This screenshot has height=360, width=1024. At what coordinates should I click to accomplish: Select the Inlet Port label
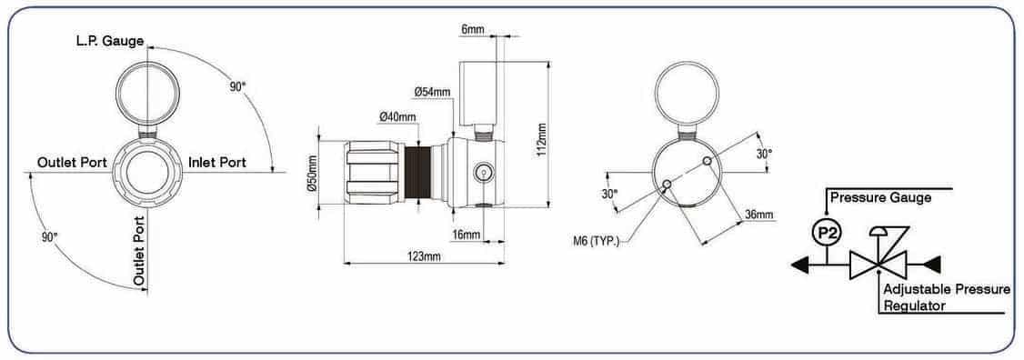tap(217, 162)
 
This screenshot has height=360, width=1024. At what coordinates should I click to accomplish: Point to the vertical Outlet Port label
tap(139, 250)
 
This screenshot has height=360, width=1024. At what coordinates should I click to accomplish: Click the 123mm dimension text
tap(423, 256)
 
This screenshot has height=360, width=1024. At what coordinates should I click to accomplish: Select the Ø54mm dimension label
tap(432, 93)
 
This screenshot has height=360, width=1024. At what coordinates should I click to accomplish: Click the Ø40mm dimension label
tap(397, 117)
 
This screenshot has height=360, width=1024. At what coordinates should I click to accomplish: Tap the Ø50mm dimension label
tap(312, 173)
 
